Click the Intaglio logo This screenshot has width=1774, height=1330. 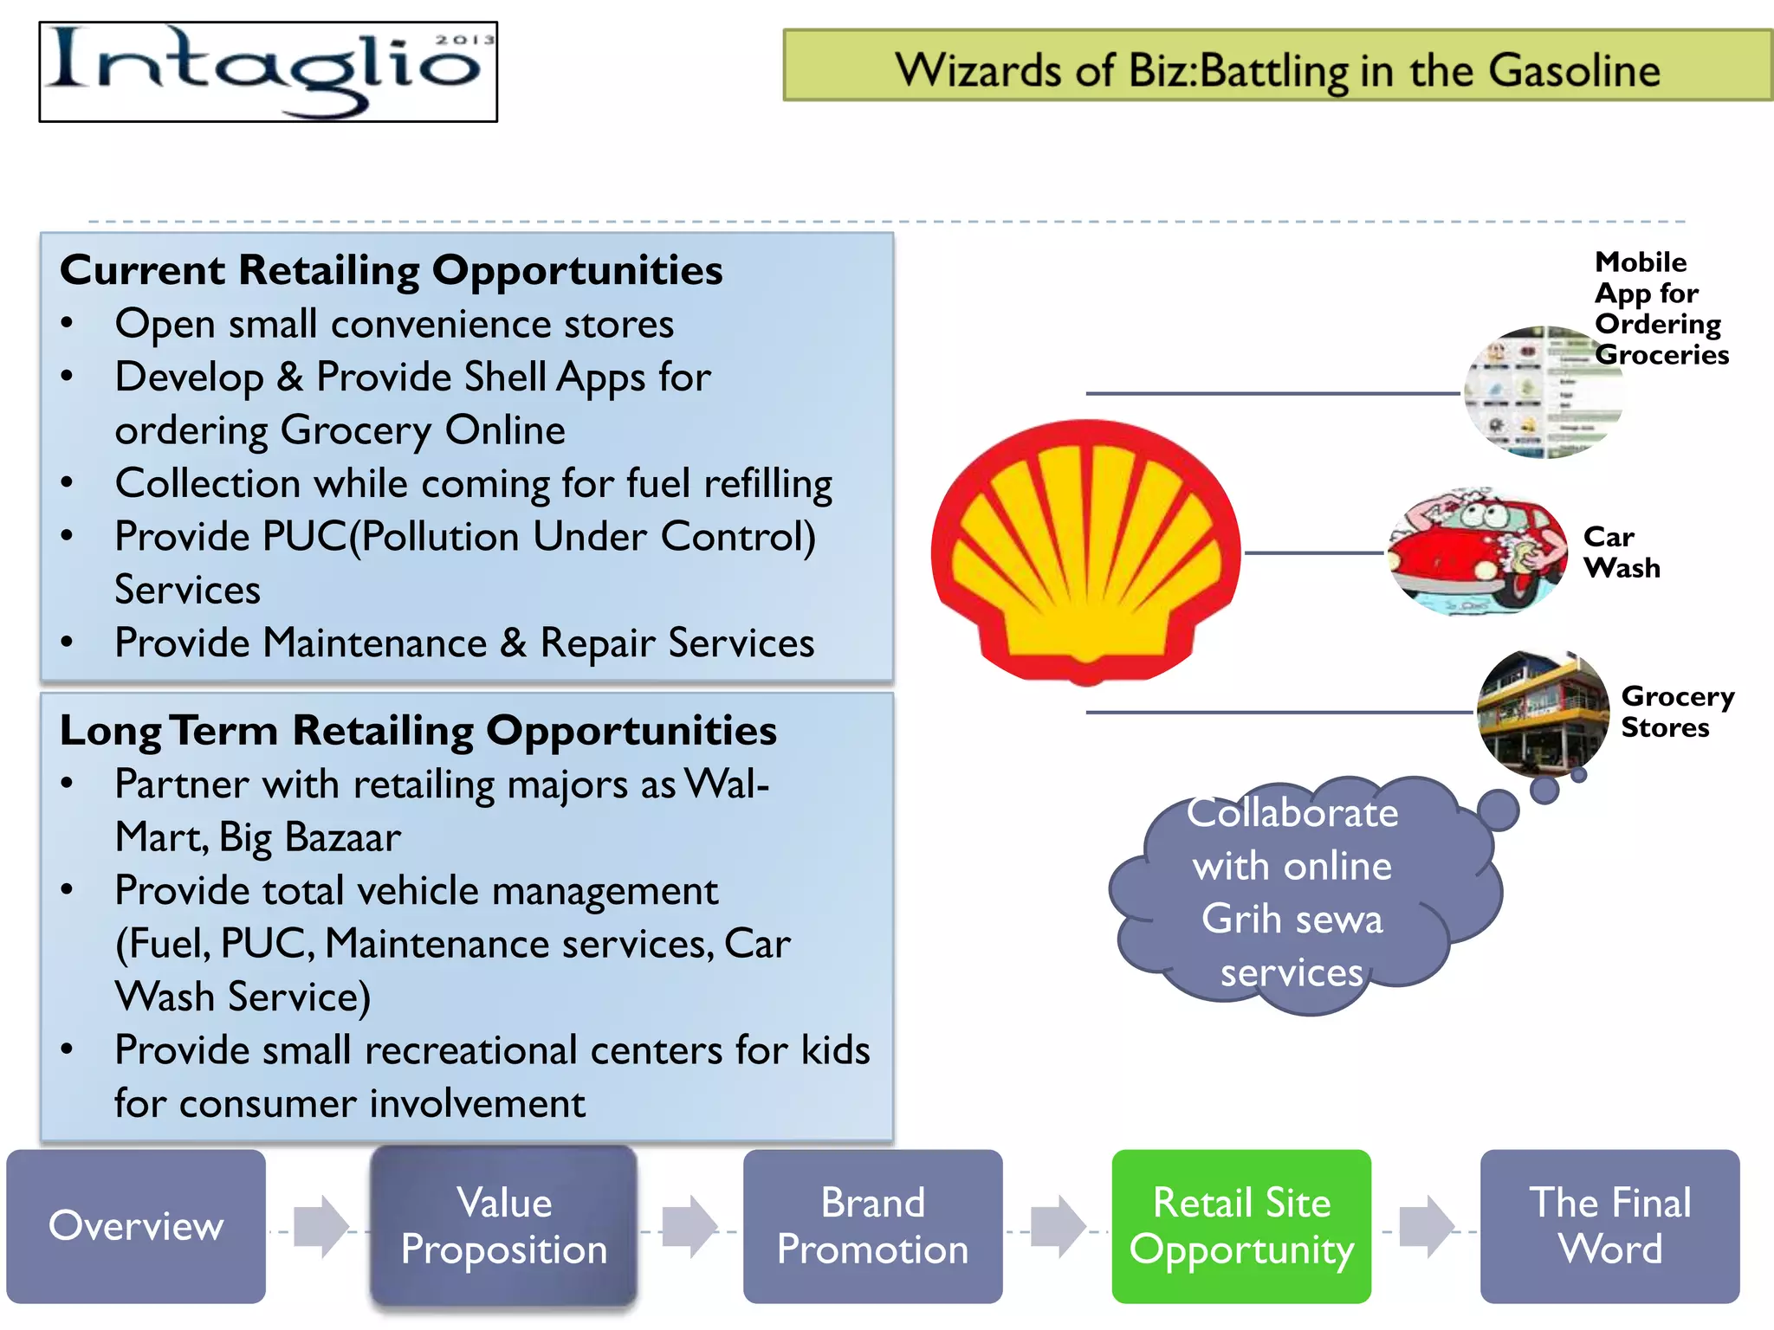click(x=268, y=72)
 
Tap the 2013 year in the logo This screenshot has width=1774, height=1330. click(x=464, y=40)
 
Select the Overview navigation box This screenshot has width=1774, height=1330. click(x=136, y=1225)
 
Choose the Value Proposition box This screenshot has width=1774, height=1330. click(x=504, y=1225)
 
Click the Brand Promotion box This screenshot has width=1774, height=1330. click(x=872, y=1225)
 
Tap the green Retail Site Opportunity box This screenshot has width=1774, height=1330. click(x=1241, y=1225)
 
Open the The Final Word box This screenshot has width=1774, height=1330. click(x=1609, y=1225)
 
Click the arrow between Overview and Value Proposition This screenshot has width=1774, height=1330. click(x=320, y=1226)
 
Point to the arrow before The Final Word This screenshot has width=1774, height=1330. click(x=1426, y=1226)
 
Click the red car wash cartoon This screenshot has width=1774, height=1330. click(x=1476, y=552)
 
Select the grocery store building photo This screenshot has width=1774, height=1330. click(x=1542, y=713)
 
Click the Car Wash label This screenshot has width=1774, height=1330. click(x=1621, y=552)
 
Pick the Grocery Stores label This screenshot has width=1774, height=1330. click(x=1676, y=712)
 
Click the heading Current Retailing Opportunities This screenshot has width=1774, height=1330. click(x=391, y=270)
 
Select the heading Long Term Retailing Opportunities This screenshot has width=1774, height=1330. click(x=418, y=730)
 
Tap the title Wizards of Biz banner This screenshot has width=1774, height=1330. click(x=1277, y=69)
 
